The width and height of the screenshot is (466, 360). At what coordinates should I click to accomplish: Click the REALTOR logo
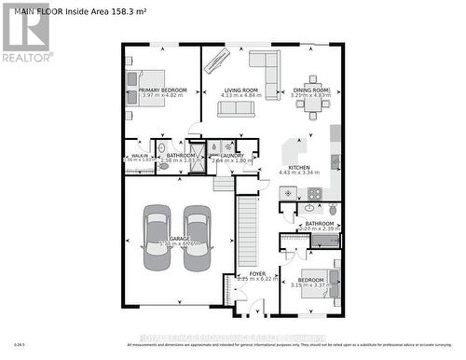click(25, 34)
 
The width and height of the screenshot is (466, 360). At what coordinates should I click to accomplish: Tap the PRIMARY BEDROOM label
click(163, 90)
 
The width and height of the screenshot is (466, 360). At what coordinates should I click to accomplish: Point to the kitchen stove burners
click(314, 194)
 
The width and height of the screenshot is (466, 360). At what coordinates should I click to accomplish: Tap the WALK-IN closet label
click(139, 156)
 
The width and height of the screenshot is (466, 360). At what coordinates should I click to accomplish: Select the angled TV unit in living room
click(216, 59)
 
